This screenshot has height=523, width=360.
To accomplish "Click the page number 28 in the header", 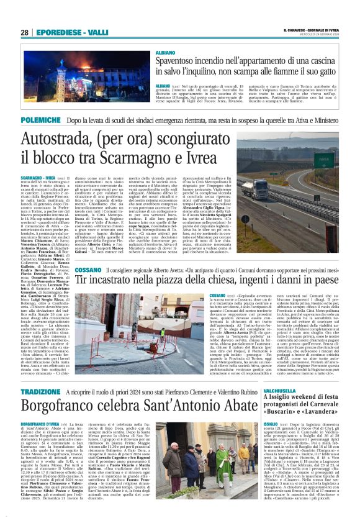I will [24, 32].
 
